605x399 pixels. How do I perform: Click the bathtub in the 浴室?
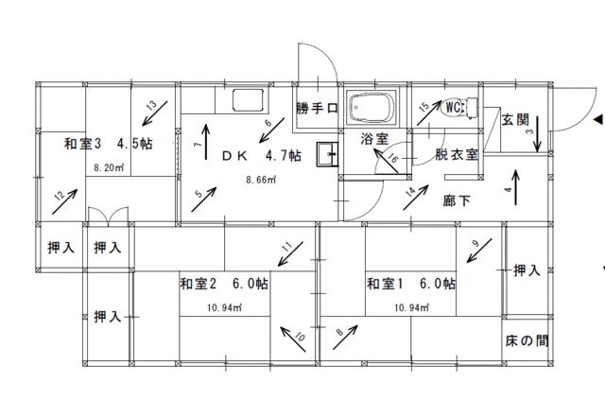pos(372,107)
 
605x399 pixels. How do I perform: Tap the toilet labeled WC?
pos(459,108)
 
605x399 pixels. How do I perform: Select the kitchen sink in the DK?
pos(248,100)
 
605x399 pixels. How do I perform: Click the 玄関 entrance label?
pos(515,120)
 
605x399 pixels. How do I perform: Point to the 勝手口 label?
pos(318,108)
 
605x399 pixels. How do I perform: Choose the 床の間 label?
pos(527,340)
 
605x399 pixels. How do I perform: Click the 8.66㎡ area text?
pos(261,180)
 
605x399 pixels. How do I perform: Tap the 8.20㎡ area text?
pos(109,168)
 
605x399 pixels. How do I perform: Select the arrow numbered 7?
pos(206,142)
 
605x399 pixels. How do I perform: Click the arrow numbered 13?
pos(155,113)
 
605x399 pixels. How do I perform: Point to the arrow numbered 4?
pos(516,187)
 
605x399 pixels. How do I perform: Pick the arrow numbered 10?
pos(293,338)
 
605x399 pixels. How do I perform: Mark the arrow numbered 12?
pos(65,201)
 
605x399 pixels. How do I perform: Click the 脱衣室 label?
pos(457,154)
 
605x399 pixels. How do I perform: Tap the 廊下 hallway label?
pos(457,200)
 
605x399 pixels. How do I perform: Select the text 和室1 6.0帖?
pos(411,284)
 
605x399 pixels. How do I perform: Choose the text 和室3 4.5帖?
pos(109,144)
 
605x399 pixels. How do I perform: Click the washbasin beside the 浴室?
pos(327,154)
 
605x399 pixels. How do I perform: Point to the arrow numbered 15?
pos(429,113)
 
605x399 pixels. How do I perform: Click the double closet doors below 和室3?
pos(108,217)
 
